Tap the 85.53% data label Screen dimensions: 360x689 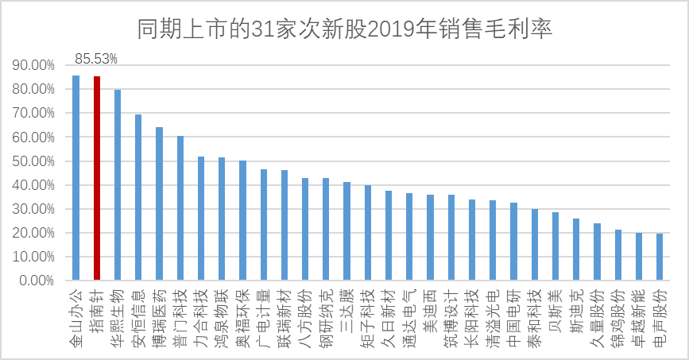click(x=96, y=59)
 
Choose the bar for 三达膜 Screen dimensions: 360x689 click(x=346, y=231)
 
